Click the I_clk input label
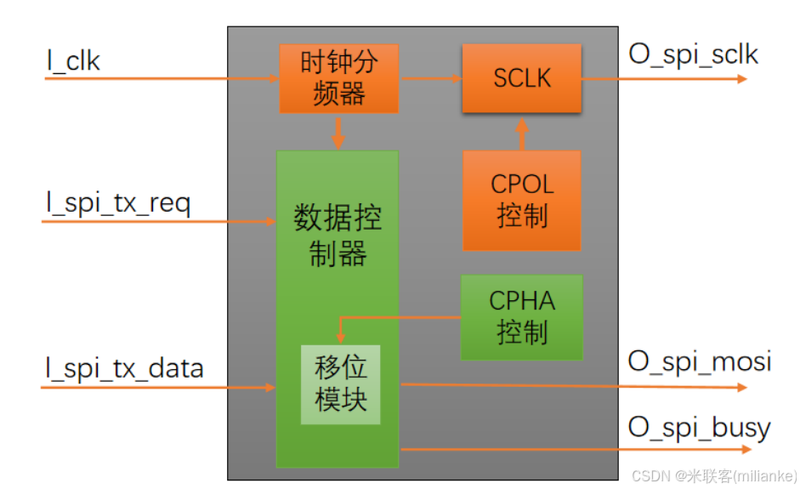click(73, 60)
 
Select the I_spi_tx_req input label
click(118, 204)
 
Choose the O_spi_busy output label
click(699, 426)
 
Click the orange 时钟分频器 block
click(338, 78)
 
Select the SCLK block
click(521, 78)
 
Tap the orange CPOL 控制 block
click(521, 201)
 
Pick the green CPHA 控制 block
click(521, 316)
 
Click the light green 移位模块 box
click(340, 384)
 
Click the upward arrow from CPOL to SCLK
click(521, 133)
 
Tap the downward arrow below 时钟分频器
click(338, 132)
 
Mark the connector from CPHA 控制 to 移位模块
click(400, 318)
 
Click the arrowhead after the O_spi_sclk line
click(741, 79)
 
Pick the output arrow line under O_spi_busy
click(570, 448)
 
